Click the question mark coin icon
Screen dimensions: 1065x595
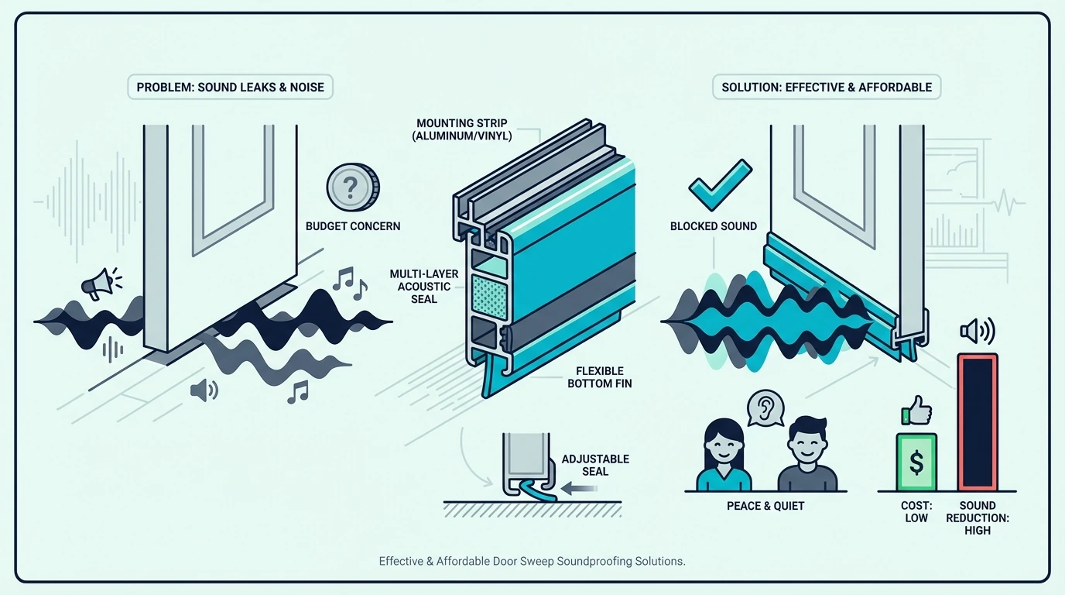pos(353,187)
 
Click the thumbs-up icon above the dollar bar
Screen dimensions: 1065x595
pos(916,411)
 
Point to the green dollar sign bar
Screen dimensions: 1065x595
pos(916,462)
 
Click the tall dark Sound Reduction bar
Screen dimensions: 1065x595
pos(977,421)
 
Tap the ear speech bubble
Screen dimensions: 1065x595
pos(765,408)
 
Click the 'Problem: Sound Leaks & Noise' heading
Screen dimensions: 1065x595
pos(230,87)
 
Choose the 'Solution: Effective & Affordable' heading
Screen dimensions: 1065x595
pos(827,87)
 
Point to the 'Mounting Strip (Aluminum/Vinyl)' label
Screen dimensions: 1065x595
pos(461,129)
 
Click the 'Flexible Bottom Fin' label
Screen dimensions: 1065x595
pos(600,377)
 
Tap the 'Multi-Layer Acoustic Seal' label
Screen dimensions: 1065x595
pos(424,287)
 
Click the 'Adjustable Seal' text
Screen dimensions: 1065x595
pos(595,465)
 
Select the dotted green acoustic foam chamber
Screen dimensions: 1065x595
pos(490,297)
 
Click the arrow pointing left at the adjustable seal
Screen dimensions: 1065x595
pos(579,488)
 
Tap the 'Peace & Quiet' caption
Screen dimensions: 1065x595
pos(765,506)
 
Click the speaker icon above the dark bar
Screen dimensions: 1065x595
pos(977,331)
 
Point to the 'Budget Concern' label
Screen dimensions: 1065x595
pos(353,226)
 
